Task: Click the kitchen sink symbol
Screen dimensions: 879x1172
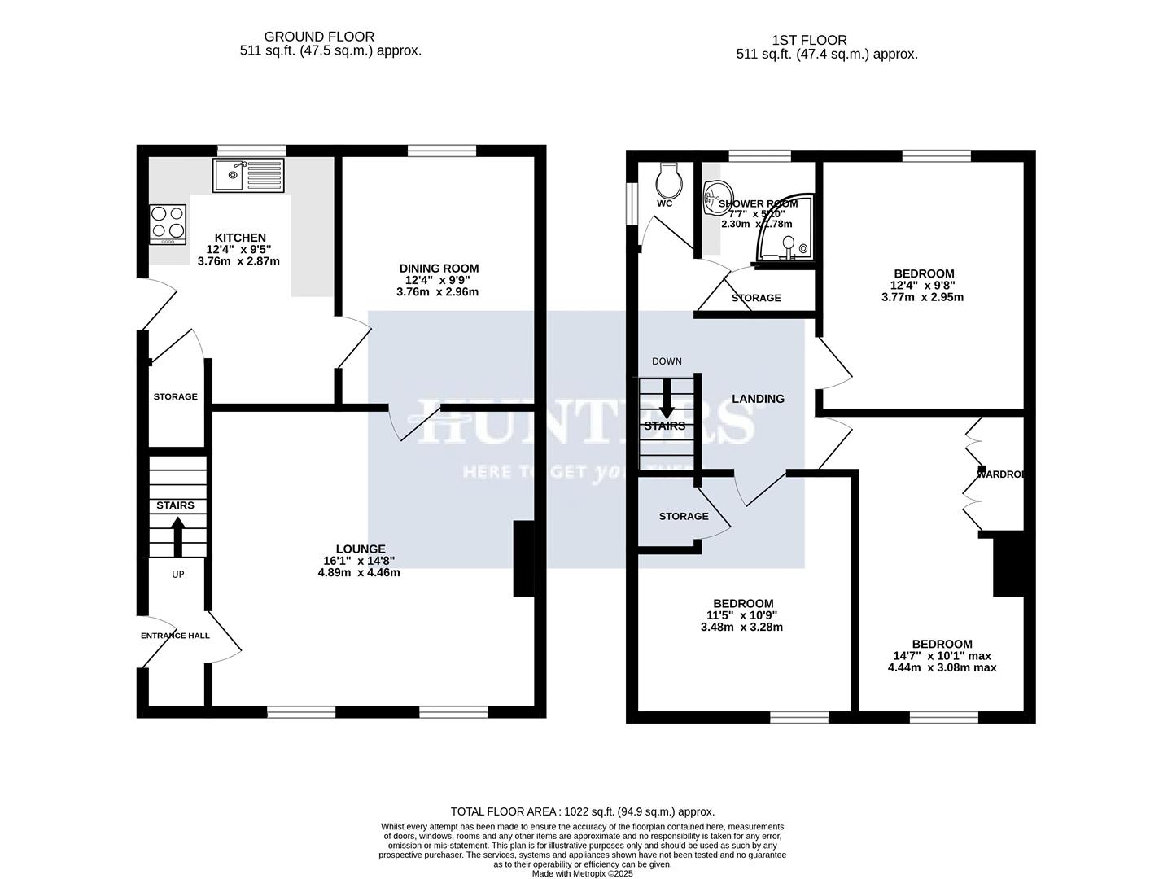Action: [x=248, y=175]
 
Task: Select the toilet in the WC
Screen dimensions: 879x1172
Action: [x=668, y=175]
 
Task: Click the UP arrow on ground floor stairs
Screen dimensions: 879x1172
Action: [x=177, y=536]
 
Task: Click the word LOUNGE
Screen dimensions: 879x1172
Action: [x=361, y=549]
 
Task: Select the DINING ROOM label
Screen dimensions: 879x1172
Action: [x=439, y=269]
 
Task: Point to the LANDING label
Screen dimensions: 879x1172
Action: [x=758, y=399]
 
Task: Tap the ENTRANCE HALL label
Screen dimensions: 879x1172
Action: [x=175, y=636]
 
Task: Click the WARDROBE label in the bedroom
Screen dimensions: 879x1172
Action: [x=1000, y=474]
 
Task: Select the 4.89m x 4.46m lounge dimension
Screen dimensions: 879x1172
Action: [x=359, y=572]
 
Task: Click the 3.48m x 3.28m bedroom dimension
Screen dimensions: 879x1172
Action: [x=741, y=627]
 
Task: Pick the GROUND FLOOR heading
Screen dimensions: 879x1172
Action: [x=319, y=37]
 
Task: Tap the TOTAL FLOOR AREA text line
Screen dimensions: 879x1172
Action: [x=583, y=811]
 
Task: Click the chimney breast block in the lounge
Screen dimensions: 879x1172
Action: [x=523, y=559]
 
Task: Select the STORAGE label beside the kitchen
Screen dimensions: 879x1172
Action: [x=176, y=396]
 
